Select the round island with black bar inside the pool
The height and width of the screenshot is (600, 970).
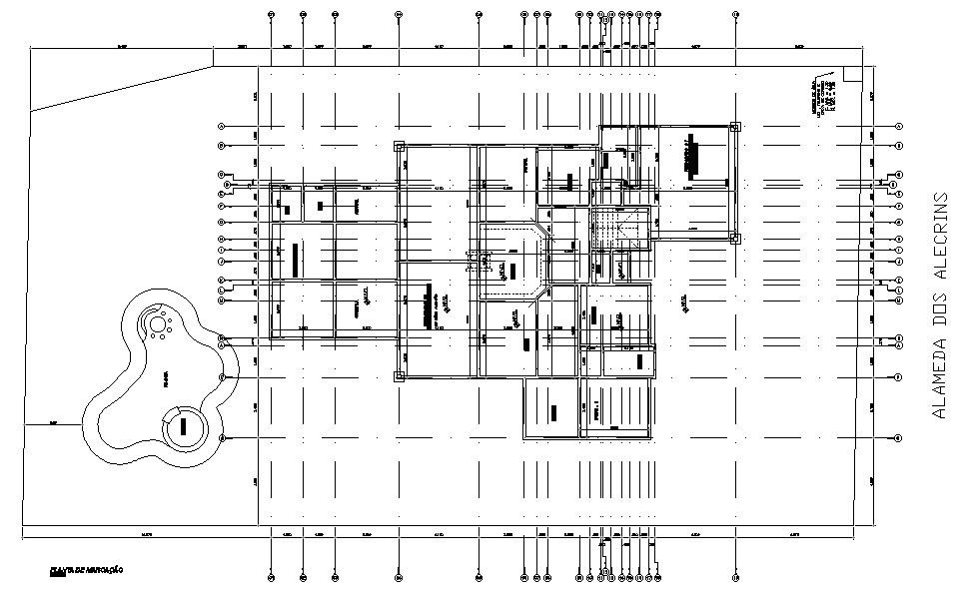click(x=184, y=428)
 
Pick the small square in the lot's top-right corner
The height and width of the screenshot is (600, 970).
click(x=852, y=74)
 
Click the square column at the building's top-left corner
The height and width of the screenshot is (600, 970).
click(x=399, y=146)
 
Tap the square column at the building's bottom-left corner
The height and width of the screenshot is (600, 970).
click(x=399, y=376)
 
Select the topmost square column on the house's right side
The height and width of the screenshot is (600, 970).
click(x=735, y=127)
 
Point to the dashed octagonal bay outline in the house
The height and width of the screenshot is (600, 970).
click(x=511, y=262)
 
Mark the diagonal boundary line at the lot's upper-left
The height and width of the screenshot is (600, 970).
click(x=120, y=88)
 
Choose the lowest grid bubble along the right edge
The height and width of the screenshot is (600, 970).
click(x=898, y=438)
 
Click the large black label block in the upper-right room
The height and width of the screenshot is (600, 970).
click(x=697, y=156)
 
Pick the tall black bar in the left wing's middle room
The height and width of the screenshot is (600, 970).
click(x=296, y=261)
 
